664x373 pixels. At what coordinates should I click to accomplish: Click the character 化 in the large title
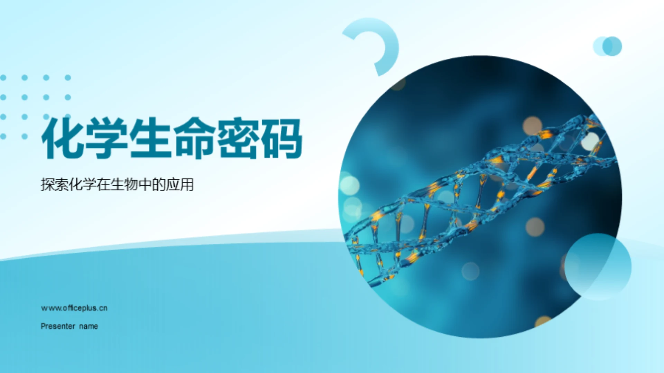pyautogui.click(x=63, y=138)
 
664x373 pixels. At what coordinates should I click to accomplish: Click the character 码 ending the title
pyautogui.click(x=282, y=138)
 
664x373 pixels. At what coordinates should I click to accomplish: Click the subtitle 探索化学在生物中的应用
pyautogui.click(x=117, y=184)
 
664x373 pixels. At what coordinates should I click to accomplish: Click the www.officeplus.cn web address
pyautogui.click(x=74, y=308)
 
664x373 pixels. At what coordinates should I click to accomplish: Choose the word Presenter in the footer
pyautogui.click(x=58, y=326)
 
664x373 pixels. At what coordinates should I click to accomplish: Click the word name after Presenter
pyautogui.click(x=89, y=326)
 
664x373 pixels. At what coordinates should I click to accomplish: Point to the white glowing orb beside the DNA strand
pyautogui.click(x=590, y=141)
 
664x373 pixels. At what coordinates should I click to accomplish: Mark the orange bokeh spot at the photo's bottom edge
pyautogui.click(x=542, y=321)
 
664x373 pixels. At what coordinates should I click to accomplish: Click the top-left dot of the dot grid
pyautogui.click(x=3, y=78)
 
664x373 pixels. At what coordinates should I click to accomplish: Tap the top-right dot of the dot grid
pyautogui.click(x=68, y=78)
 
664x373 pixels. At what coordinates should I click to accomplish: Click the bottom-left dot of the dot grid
pyautogui.click(x=3, y=137)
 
